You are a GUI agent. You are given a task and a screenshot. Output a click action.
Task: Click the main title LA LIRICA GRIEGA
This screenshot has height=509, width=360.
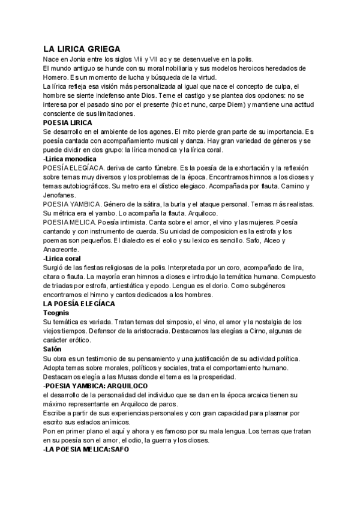pos(82,49)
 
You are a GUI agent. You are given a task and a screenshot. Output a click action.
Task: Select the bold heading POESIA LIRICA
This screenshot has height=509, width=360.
pos(68,122)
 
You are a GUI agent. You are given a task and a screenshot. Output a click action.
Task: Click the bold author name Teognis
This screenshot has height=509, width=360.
pos(57,313)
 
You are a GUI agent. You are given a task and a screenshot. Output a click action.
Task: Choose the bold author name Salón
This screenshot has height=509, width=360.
pos(53,349)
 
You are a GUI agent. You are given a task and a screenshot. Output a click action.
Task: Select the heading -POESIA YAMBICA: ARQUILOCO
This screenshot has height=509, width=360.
pos(96,385)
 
